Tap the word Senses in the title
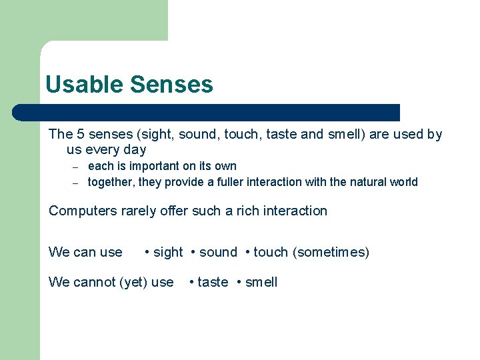pos(171,85)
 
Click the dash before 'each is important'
pos(76,167)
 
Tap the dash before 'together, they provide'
pos(76,183)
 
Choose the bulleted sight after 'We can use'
pos(167,252)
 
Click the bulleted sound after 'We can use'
pos(218,252)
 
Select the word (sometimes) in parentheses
pos(331,252)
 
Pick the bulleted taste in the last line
pos(213,282)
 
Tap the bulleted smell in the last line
pos(261,282)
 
